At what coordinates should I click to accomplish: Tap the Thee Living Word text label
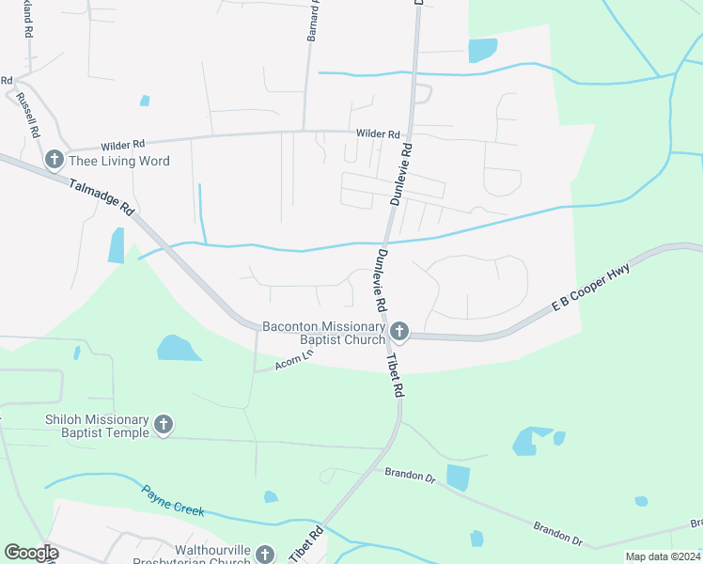click(x=119, y=161)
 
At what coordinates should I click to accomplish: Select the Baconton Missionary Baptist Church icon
click(x=398, y=331)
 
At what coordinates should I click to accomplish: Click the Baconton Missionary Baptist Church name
click(x=323, y=333)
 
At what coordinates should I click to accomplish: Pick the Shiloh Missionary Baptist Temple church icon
click(x=164, y=425)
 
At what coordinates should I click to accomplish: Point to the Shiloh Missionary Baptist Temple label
click(x=97, y=426)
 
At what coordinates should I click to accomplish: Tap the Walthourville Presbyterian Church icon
click(x=265, y=555)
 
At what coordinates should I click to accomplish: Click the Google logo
click(x=31, y=553)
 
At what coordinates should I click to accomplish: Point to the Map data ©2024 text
click(x=662, y=556)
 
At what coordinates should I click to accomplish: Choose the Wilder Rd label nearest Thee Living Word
click(x=123, y=145)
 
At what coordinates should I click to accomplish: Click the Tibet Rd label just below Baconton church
click(x=397, y=372)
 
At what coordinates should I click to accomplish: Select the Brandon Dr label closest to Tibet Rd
click(x=410, y=476)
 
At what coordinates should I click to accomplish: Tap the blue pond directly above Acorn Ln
click(x=178, y=348)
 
